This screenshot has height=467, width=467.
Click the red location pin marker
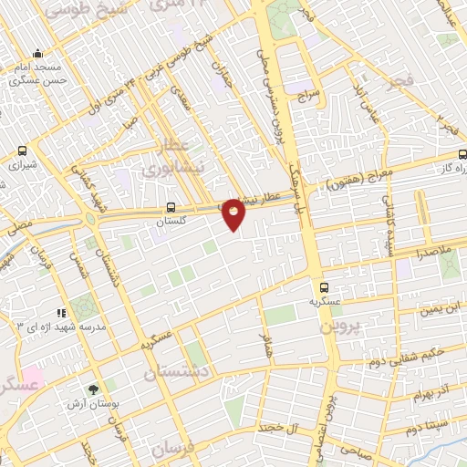[234, 213]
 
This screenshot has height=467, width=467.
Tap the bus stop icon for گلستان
[172, 208]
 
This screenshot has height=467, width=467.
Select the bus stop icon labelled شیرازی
[21, 151]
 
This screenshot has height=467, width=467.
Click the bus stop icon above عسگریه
[316, 285]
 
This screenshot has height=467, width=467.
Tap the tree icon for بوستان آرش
[94, 389]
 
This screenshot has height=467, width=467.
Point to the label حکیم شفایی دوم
[407, 353]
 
